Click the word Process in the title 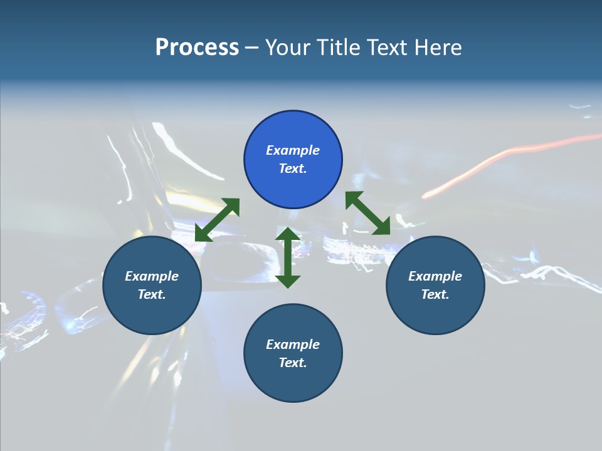pos(197,48)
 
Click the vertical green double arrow pos(288,257)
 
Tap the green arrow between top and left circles pos(217,220)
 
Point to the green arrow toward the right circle pos(368,213)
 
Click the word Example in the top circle pos(293,150)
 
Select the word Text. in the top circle pos(293,168)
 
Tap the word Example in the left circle pos(152,276)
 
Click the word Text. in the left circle pos(152,294)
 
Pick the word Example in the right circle pos(435,276)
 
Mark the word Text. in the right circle pos(435,294)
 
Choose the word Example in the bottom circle pos(293,345)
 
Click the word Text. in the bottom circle pos(293,363)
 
